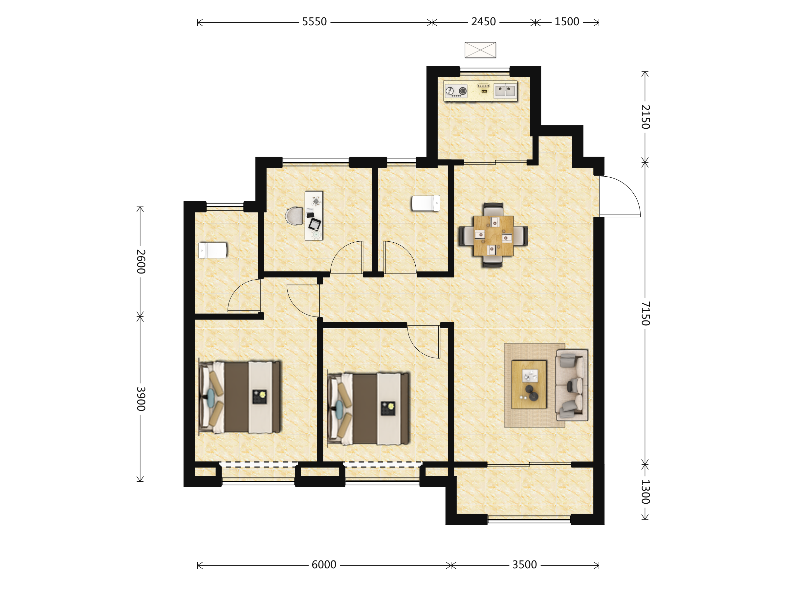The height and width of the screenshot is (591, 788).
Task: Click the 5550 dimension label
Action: [314, 22]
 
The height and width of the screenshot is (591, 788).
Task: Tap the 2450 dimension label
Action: [483, 22]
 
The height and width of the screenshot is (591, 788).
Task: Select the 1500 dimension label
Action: [567, 22]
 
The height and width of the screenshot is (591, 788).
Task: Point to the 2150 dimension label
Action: [645, 117]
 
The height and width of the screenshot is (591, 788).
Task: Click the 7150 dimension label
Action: [645, 314]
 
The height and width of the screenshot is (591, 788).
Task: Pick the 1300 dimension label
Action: [645, 492]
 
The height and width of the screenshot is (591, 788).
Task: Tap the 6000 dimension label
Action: [324, 565]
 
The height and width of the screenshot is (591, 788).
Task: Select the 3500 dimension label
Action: [524, 565]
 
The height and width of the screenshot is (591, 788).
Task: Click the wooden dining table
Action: [493, 236]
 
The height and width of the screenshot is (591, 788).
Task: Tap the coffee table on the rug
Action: [529, 385]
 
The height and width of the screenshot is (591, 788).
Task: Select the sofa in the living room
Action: [571, 385]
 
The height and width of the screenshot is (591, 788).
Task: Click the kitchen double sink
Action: [505, 90]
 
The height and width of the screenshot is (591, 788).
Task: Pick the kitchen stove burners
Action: [456, 91]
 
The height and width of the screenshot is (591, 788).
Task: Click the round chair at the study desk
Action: [294, 216]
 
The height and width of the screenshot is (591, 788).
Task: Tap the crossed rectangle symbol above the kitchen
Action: [480, 50]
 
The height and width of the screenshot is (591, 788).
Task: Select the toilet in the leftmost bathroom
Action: [213, 250]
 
